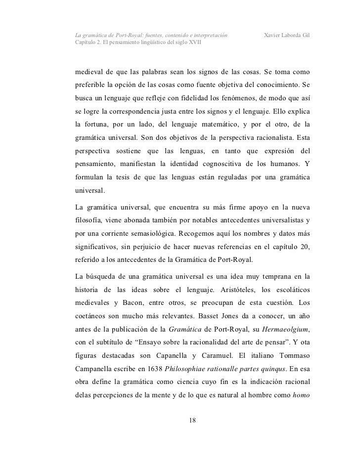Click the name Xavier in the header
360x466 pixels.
click(x=274, y=36)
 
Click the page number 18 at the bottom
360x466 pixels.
click(x=193, y=420)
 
